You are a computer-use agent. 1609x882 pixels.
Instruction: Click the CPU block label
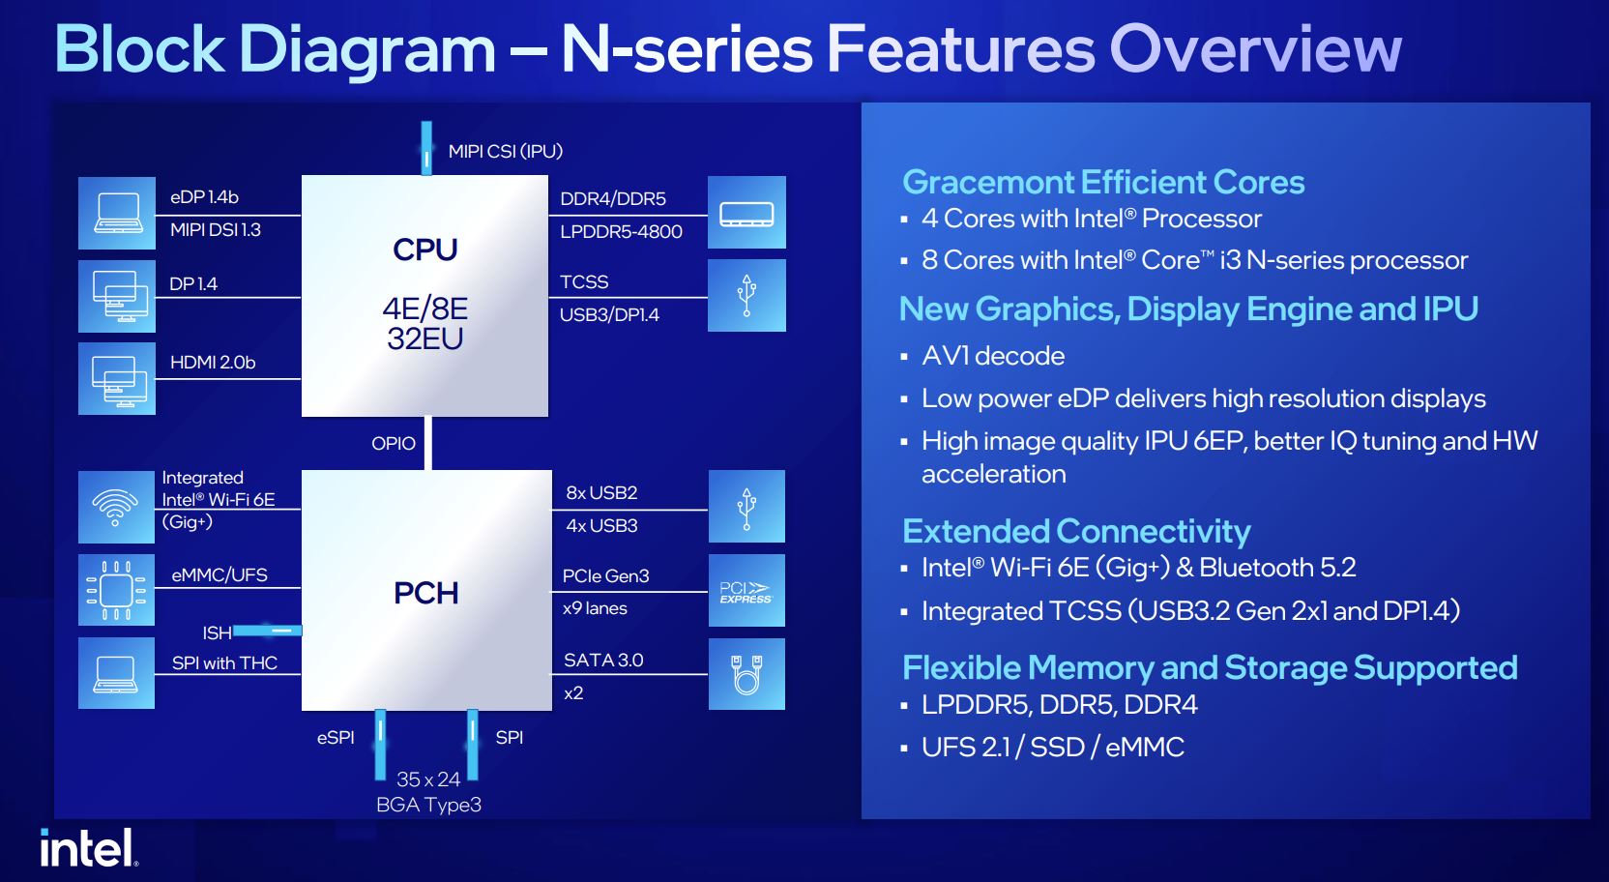coord(425,250)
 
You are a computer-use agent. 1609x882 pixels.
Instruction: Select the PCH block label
coord(426,593)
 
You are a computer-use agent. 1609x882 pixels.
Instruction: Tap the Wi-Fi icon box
coord(116,507)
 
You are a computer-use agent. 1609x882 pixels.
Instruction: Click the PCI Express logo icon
coord(746,590)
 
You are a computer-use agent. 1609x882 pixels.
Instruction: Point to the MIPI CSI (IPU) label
coord(505,152)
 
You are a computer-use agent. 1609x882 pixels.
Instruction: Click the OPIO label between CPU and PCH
coord(393,443)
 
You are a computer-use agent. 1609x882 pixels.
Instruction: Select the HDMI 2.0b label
coord(213,363)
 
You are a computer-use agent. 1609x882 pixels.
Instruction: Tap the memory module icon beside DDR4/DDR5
coord(746,213)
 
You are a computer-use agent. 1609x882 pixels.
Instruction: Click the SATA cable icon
coord(746,674)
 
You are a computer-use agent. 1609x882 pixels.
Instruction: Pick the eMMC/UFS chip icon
coord(116,590)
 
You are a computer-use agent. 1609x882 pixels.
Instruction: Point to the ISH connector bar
coord(267,631)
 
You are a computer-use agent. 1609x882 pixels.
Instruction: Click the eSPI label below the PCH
coord(336,738)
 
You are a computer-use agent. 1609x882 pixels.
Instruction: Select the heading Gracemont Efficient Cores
coord(1103,183)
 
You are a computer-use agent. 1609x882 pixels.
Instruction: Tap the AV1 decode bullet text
coord(993,356)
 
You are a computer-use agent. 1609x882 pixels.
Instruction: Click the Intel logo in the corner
coord(89,848)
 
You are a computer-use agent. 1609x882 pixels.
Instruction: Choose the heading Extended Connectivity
coord(1076,532)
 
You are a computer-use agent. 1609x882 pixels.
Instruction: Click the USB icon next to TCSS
coord(746,296)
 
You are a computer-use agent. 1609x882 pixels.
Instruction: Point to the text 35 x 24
coord(428,779)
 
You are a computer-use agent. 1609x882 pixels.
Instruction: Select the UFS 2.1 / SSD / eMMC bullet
coord(1053,748)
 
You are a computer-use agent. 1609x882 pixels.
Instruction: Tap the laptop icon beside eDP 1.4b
coord(116,214)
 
